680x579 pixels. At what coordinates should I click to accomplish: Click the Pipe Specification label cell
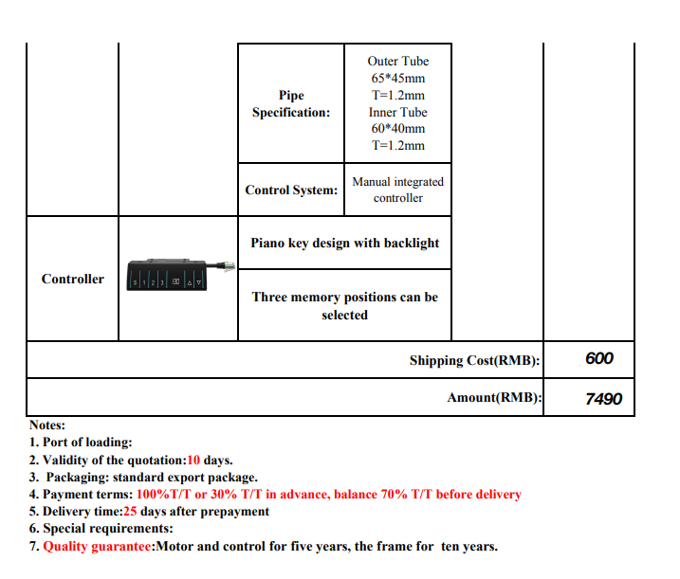click(x=291, y=103)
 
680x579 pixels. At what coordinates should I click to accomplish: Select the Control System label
click(x=291, y=190)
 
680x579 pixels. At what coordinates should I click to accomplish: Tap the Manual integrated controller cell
click(x=397, y=190)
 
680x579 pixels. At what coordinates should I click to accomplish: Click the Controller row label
click(x=72, y=279)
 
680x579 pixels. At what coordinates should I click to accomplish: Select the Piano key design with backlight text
click(x=344, y=243)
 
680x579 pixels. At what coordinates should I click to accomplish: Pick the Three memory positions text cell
click(x=344, y=305)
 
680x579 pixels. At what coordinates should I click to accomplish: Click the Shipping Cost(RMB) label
click(x=474, y=360)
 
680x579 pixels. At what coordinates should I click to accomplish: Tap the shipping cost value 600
click(x=599, y=358)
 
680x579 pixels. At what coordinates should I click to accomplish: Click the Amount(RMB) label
click(x=494, y=398)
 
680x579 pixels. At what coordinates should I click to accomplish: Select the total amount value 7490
click(x=603, y=399)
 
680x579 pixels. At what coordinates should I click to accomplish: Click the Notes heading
click(x=47, y=425)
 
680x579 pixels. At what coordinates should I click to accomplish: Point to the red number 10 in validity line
click(x=193, y=460)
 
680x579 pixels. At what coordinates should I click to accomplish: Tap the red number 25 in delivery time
click(x=131, y=511)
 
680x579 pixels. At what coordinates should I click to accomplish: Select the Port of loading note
click(x=82, y=443)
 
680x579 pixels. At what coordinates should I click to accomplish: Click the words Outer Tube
click(x=397, y=62)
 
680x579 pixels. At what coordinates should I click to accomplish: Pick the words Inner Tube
click(x=397, y=112)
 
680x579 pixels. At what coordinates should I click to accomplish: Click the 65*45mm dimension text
click(x=397, y=79)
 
